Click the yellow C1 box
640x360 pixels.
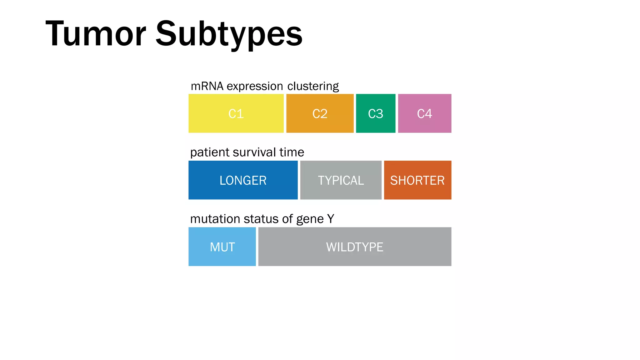(236, 113)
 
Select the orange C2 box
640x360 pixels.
(320, 113)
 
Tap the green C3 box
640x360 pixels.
(375, 113)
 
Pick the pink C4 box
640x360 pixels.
(424, 113)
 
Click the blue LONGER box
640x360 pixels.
(243, 180)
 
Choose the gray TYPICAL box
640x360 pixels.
(341, 180)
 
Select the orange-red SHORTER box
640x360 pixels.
(417, 180)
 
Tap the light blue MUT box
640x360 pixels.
(222, 247)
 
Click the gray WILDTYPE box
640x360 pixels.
(355, 247)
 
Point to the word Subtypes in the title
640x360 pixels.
(229, 34)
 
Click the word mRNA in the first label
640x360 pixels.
(207, 86)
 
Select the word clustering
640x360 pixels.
(313, 86)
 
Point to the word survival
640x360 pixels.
(254, 152)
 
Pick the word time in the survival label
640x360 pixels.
(292, 152)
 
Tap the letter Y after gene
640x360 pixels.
(331, 219)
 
